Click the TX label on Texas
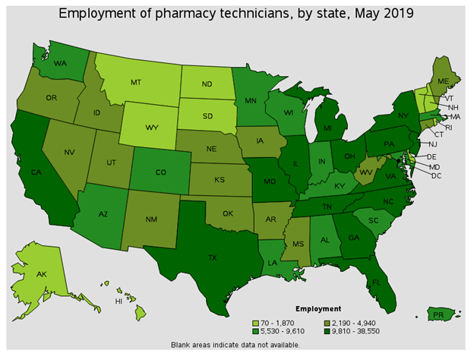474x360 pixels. pos(213,257)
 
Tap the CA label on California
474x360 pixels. pos(36,172)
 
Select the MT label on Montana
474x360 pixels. pos(137,82)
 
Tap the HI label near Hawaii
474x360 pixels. pos(118,301)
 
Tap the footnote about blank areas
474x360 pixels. pos(236,344)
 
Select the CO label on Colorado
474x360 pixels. pos(160,171)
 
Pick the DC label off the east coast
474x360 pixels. pos(436,175)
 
